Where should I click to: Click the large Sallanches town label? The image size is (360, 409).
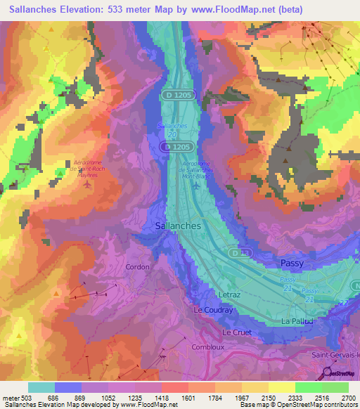pos(177,226)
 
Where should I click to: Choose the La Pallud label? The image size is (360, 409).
pos(296,320)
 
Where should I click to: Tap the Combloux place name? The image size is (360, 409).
pos(207,346)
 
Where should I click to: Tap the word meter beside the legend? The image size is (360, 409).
pos(11,397)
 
